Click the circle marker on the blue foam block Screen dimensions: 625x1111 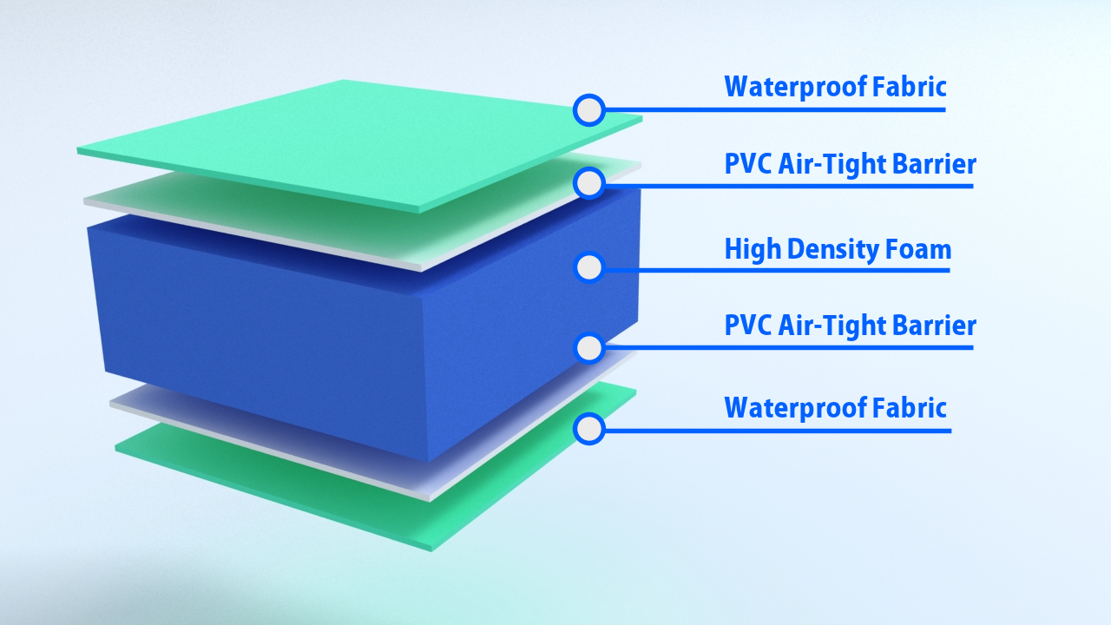tap(589, 267)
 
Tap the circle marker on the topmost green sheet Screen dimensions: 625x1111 tap(589, 110)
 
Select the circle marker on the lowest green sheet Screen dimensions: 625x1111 tap(589, 429)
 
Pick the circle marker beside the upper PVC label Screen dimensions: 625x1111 tap(589, 183)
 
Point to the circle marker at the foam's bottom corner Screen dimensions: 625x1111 tap(589, 348)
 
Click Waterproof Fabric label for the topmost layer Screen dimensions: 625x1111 tap(835, 87)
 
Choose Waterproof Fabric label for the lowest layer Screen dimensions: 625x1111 tap(835, 407)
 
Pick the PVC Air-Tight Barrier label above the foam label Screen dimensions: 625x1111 tap(850, 164)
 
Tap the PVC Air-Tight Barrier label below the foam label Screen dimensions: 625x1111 tap(850, 326)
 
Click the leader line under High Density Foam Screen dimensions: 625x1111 tap(781, 270)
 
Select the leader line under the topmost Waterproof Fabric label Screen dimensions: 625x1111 tap(781, 110)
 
